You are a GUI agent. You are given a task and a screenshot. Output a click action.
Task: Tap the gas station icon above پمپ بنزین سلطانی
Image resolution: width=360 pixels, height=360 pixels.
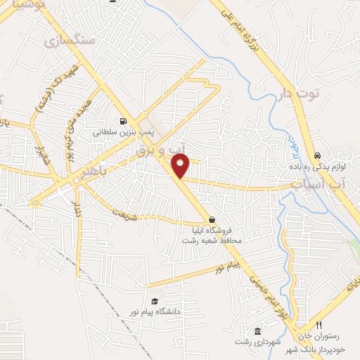point(124,120)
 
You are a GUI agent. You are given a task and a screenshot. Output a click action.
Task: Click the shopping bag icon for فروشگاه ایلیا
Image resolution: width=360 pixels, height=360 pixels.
point(212,219)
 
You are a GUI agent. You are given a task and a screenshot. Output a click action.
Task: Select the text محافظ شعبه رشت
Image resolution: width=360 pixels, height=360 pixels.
point(212,240)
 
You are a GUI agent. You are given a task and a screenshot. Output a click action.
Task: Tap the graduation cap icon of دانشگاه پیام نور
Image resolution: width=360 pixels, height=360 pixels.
point(155,300)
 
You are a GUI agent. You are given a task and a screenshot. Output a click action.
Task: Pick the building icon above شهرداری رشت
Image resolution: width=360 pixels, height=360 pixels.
point(257,331)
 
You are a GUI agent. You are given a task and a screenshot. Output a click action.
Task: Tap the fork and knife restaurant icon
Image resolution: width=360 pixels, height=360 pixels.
point(319,325)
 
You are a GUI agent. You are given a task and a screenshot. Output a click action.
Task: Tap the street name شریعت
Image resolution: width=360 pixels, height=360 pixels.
point(120,205)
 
